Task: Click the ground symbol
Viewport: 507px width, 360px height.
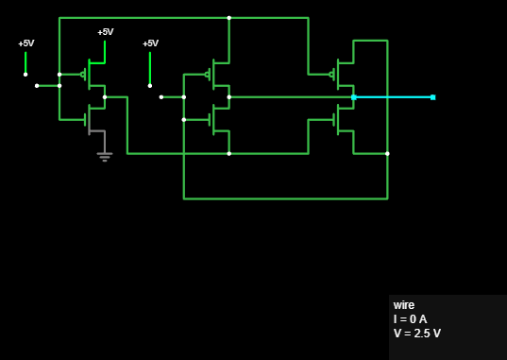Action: tap(105, 157)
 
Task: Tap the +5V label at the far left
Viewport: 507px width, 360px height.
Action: tap(26, 43)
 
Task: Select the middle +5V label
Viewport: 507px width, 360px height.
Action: tap(151, 43)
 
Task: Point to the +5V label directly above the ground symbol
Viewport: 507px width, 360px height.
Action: tap(106, 32)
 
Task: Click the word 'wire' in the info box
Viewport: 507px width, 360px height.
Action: tap(404, 305)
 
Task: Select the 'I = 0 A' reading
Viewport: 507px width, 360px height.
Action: tap(410, 319)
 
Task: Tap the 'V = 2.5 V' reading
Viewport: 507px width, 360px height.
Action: tap(417, 334)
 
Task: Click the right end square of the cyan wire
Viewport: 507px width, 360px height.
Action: tap(433, 97)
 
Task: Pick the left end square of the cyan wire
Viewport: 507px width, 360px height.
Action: tap(354, 97)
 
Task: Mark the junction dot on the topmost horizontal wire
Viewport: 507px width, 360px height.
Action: tap(229, 18)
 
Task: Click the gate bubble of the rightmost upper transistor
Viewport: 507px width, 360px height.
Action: tap(331, 75)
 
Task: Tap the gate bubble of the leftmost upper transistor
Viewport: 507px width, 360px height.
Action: tap(83, 75)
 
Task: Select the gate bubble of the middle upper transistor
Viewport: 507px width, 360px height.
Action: tap(208, 75)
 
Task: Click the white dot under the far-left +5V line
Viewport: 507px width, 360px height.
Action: tap(25, 75)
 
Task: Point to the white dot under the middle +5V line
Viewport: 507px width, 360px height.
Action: tap(150, 86)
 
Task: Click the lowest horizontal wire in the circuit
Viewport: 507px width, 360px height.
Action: tap(285, 198)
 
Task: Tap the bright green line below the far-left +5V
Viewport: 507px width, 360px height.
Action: tap(25, 62)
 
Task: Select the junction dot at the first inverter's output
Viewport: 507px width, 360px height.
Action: tap(105, 97)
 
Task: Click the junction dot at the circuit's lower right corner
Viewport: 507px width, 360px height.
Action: tap(387, 153)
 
